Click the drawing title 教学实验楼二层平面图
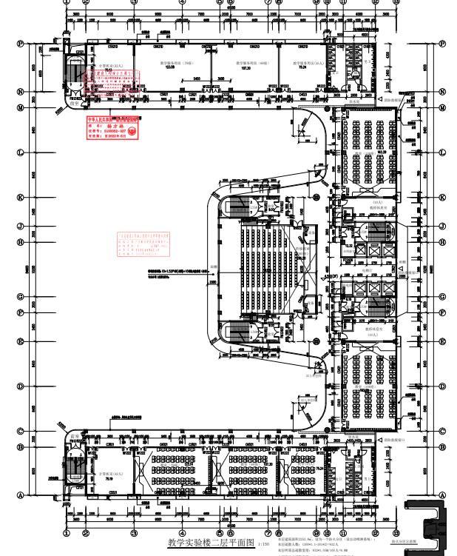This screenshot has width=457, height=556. [210, 543]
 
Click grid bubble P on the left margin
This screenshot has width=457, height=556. [21, 43]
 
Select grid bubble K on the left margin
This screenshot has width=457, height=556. [21, 198]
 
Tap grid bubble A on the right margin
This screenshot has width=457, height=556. [442, 495]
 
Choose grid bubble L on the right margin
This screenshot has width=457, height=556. [442, 152]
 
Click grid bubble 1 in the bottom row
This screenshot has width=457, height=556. [67, 532]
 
